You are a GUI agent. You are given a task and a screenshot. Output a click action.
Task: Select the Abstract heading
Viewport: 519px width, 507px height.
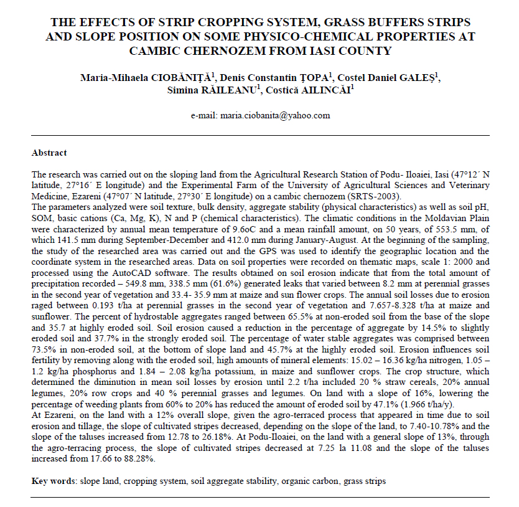click(49, 153)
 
